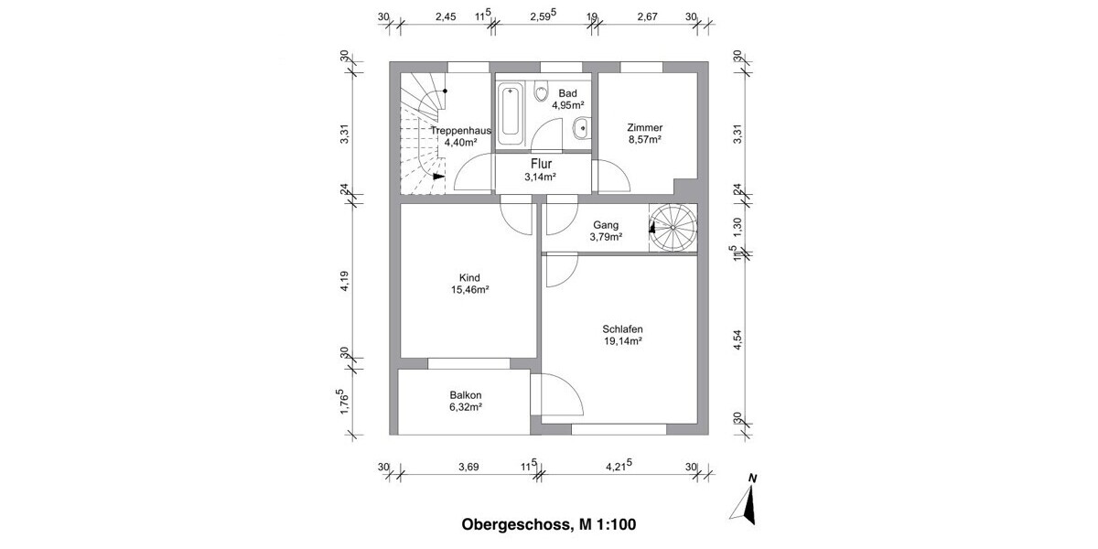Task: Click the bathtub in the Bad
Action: click(510, 114)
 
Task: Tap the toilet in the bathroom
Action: click(542, 93)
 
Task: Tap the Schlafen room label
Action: click(621, 329)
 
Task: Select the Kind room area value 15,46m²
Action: click(470, 290)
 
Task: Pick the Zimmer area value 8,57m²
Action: click(644, 140)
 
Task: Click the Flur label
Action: click(542, 165)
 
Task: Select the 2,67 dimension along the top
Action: click(646, 16)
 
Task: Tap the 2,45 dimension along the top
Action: click(445, 16)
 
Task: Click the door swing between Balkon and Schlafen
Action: click(560, 395)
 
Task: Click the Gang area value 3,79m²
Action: click(607, 237)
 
